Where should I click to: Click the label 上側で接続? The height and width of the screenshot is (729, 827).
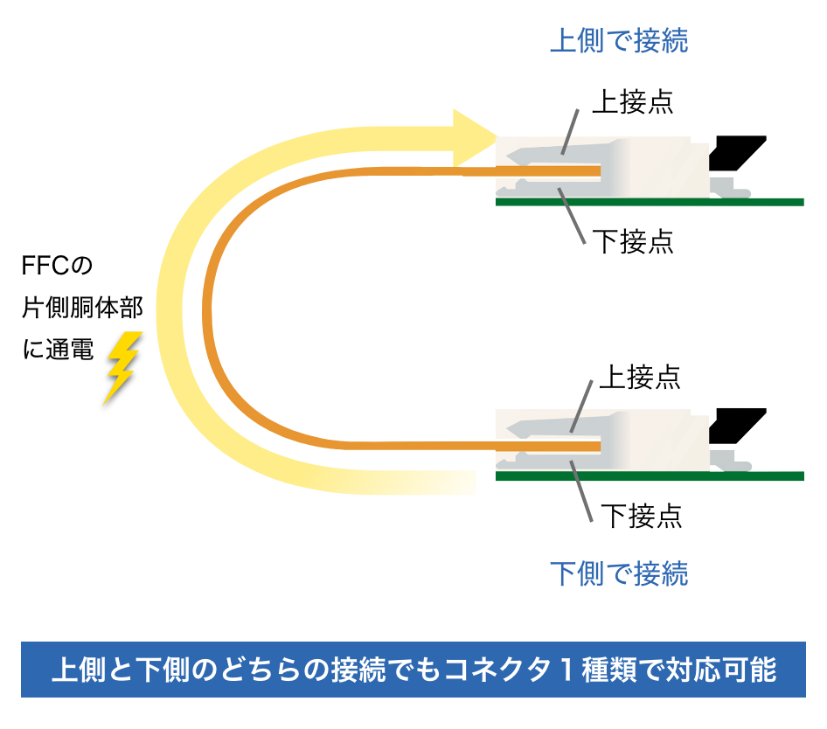point(618,41)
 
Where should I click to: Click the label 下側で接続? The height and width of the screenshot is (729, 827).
point(618,573)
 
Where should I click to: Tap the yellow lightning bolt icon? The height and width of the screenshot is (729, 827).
point(122,367)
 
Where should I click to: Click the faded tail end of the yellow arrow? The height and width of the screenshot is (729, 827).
point(455,482)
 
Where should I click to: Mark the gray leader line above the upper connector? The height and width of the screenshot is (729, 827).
point(569,132)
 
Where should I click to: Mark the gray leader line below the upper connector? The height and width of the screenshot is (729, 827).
point(572,216)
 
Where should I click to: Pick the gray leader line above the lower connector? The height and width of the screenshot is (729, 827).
point(582,406)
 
